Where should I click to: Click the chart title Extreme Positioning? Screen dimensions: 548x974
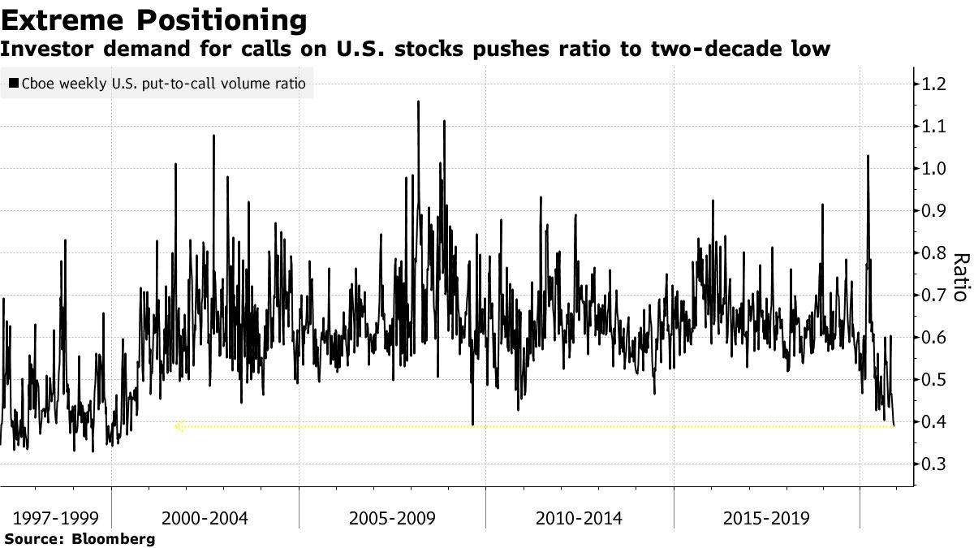(x=154, y=19)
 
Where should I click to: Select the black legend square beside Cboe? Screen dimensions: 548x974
(x=14, y=84)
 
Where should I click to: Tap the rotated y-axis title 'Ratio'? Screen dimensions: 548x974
(x=959, y=277)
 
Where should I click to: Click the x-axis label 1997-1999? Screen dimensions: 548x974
(x=50, y=518)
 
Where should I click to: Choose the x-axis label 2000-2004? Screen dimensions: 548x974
(x=205, y=518)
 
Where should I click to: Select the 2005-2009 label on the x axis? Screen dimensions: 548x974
(x=392, y=518)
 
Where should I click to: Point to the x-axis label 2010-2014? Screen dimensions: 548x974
(x=580, y=518)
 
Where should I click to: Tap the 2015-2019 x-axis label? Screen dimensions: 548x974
(x=766, y=518)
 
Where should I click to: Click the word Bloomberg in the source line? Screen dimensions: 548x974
(x=114, y=538)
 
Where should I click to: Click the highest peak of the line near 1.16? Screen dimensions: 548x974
(x=418, y=102)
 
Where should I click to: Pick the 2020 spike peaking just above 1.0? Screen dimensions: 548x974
(x=868, y=157)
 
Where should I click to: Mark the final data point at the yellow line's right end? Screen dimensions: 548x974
(x=894, y=425)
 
